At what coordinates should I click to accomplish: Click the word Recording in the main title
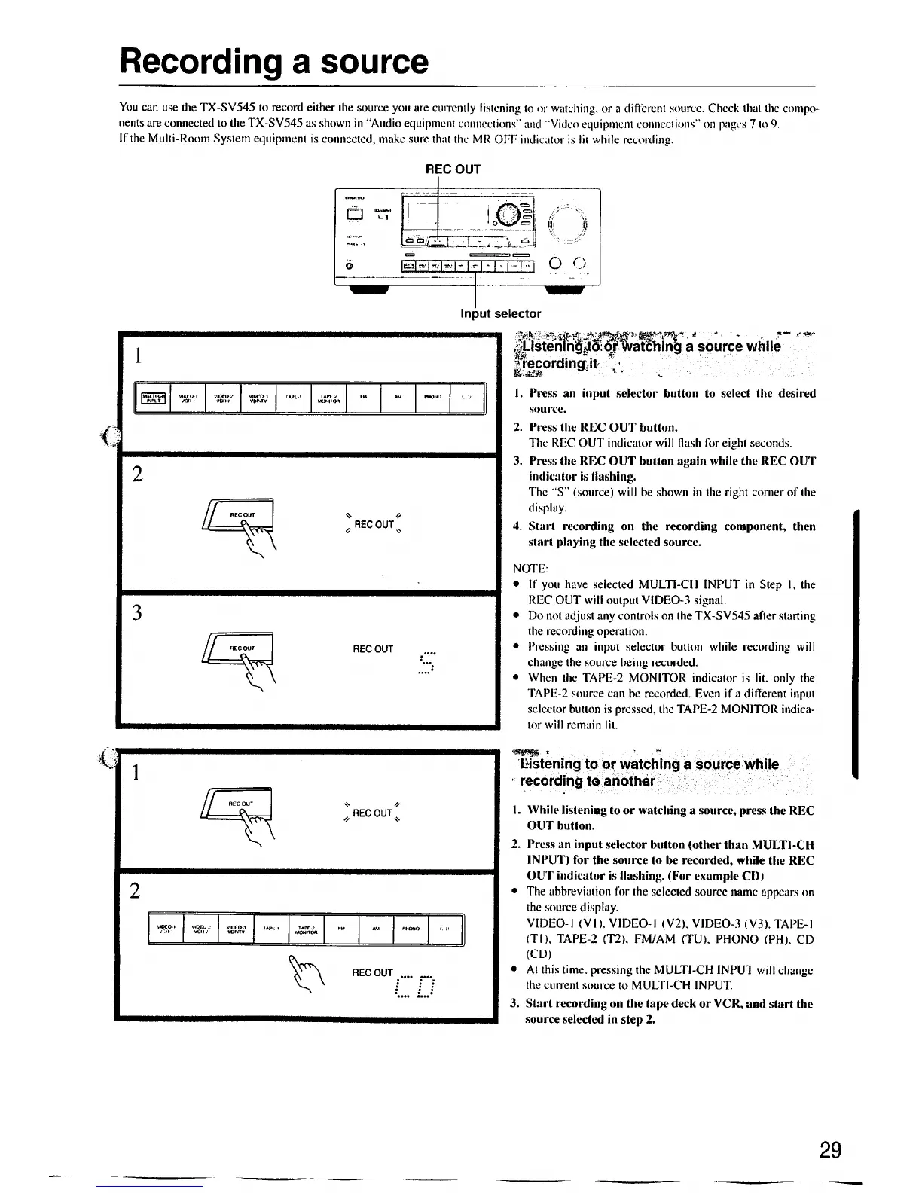pos(199,62)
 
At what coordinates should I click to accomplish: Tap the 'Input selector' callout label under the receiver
pos(500,313)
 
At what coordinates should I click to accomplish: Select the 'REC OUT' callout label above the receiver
pos(453,169)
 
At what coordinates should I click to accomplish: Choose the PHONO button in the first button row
pos(432,398)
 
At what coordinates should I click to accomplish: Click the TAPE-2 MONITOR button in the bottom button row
pos(307,929)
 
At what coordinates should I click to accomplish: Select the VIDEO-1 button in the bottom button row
pos(166,929)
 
